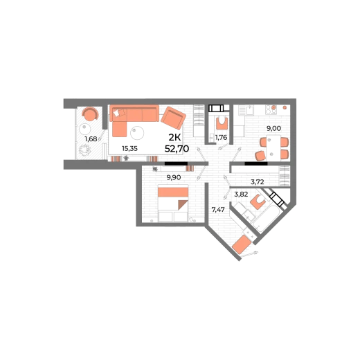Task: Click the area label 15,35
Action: pos(129,149)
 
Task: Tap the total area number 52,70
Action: pos(177,149)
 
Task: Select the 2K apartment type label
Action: pos(174,138)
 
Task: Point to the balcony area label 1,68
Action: pos(91,139)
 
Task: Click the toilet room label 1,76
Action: pos(221,138)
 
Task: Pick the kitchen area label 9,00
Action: pos(273,128)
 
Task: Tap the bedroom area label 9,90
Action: pos(174,177)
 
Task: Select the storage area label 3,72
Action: pos(258,182)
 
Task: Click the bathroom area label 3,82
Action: pos(241,195)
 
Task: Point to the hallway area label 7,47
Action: pos(218,210)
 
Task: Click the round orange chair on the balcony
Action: pos(91,114)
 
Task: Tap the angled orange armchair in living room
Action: pos(173,118)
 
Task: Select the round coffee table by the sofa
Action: pos(137,133)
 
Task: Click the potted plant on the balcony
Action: pos(84,150)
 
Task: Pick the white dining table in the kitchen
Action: pos(273,148)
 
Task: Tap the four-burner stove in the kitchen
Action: pos(271,110)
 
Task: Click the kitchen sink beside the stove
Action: pos(250,110)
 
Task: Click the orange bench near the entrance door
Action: pos(242,244)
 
